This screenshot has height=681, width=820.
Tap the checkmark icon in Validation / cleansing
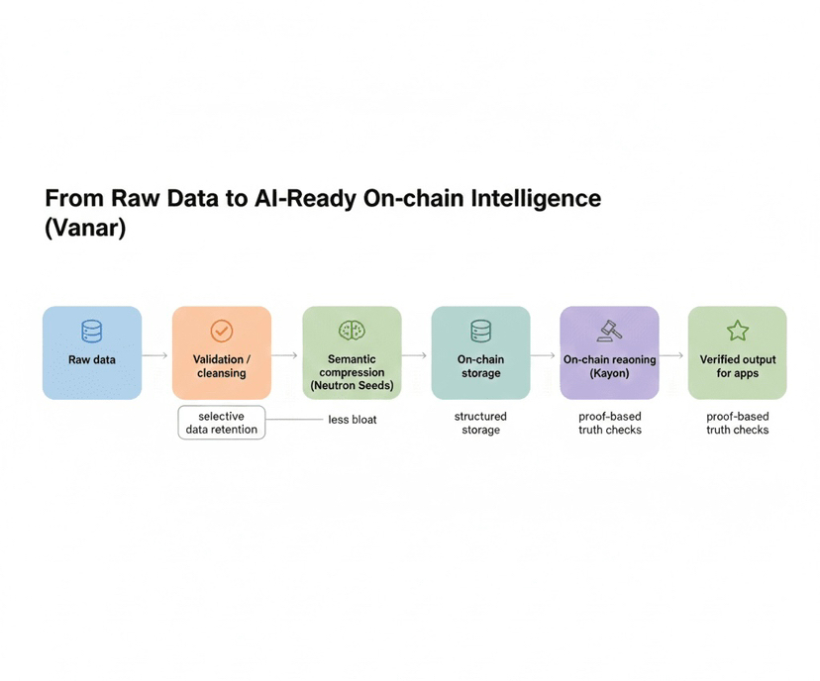pyautogui.click(x=222, y=331)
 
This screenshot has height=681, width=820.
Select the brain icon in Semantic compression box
pyautogui.click(x=352, y=330)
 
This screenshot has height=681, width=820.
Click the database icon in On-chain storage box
pyautogui.click(x=480, y=331)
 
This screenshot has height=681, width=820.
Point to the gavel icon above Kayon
pyautogui.click(x=609, y=331)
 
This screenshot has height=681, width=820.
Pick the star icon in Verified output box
pyautogui.click(x=738, y=331)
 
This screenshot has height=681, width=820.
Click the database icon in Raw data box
pyautogui.click(x=92, y=331)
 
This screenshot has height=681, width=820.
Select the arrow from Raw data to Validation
pyautogui.click(x=156, y=354)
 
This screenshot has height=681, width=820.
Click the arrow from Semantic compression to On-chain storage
pyautogui.click(x=415, y=354)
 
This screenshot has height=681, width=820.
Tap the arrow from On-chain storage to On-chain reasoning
pyautogui.click(x=544, y=354)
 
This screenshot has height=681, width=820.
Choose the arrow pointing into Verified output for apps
pyautogui.click(x=672, y=354)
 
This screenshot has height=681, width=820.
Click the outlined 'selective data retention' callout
pyautogui.click(x=222, y=423)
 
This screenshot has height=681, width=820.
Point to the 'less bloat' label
pyautogui.click(x=352, y=420)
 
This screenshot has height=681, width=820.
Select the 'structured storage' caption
pyautogui.click(x=480, y=424)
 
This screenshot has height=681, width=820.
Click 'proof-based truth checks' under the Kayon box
pyautogui.click(x=609, y=424)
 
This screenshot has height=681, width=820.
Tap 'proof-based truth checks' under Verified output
pyautogui.click(x=738, y=424)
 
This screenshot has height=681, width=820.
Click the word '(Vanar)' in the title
pyautogui.click(x=85, y=228)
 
